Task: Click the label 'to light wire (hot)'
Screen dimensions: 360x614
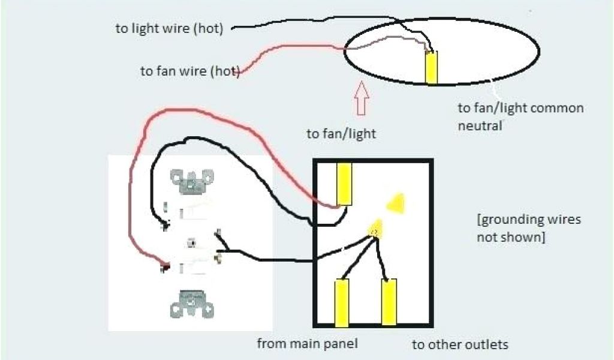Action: point(169,29)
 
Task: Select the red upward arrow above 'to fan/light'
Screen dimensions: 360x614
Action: point(360,98)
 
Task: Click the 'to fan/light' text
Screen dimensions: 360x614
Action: point(341,133)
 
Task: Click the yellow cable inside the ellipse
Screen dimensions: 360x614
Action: point(431,67)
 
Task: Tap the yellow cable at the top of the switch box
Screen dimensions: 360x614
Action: point(344,184)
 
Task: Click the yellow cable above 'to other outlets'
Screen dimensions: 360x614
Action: point(389,302)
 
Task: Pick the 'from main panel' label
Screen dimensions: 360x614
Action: point(308,344)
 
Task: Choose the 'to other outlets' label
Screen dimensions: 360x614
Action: point(460,344)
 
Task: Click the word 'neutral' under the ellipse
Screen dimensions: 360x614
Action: point(480,125)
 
